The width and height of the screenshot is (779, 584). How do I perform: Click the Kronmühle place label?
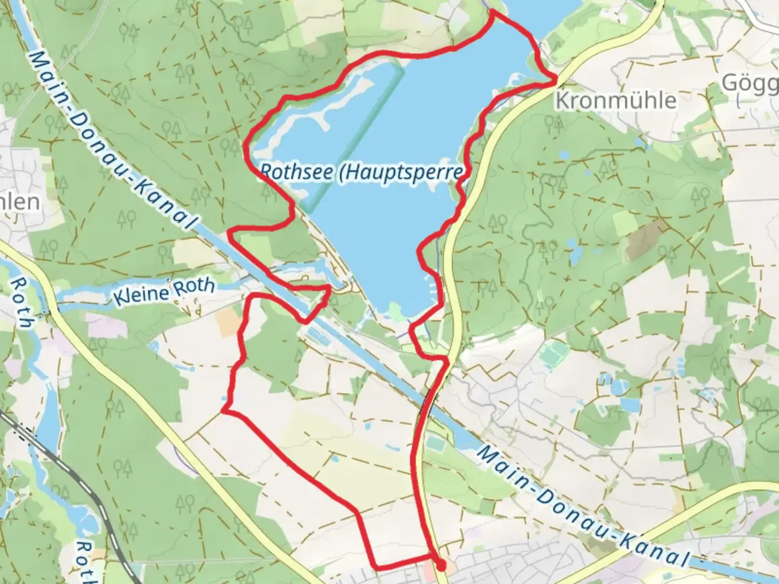[616, 101]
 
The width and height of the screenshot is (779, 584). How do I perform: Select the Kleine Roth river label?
[164, 292]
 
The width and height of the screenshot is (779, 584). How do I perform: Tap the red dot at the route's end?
[441, 566]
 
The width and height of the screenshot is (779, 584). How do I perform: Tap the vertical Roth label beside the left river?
[22, 303]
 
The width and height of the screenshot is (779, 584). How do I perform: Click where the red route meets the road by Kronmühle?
[556, 81]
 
